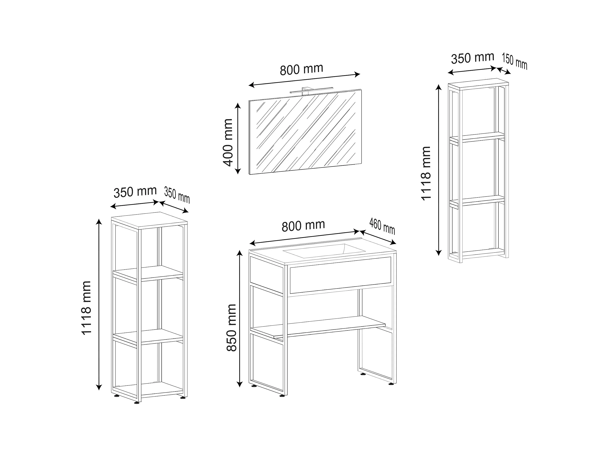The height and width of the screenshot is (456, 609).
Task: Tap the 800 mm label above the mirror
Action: coord(302,70)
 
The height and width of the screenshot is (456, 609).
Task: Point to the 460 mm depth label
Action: coord(382,226)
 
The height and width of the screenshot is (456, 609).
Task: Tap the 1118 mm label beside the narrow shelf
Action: coord(426,173)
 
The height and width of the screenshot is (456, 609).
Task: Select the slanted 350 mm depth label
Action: coord(177,195)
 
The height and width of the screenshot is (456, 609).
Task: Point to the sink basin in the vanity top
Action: coord(324,251)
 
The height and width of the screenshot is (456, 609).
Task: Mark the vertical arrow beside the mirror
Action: coord(238,139)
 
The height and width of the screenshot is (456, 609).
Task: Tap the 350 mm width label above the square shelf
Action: coord(135,192)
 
